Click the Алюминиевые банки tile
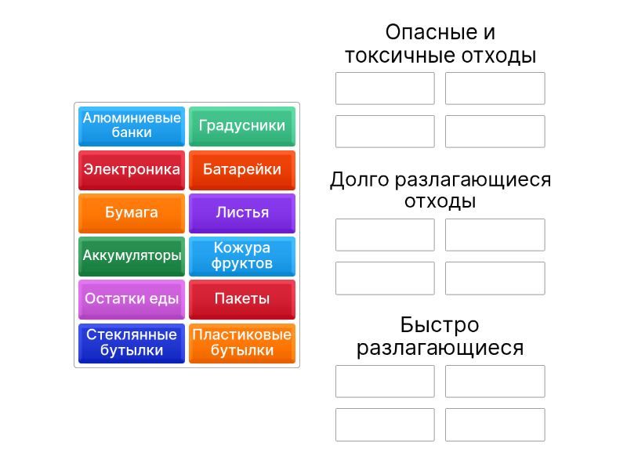tap(132, 126)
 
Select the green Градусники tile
tap(242, 126)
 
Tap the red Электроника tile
tap(132, 169)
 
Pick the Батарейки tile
tap(242, 169)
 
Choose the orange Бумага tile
tap(132, 212)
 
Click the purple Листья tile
tap(242, 212)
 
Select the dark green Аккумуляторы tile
tap(132, 256)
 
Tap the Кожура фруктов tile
tap(242, 256)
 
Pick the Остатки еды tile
tap(132, 299)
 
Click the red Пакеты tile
tap(242, 299)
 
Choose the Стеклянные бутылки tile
tap(132, 343)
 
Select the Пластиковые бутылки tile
tap(242, 343)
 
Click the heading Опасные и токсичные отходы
tap(440, 44)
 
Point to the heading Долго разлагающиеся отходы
tap(440, 190)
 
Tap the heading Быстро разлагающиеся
tap(440, 336)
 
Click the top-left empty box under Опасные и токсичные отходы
tap(385, 89)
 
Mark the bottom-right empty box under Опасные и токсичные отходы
tap(495, 132)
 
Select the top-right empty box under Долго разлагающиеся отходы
tap(495, 235)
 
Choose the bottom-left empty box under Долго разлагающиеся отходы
tap(385, 278)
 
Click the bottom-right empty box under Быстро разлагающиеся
tap(495, 425)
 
